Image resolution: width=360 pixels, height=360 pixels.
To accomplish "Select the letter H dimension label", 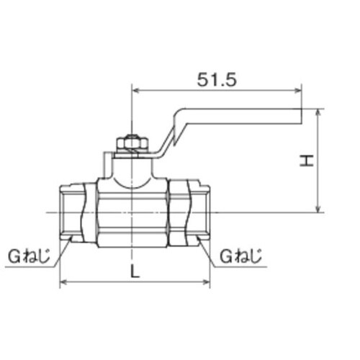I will tap(306, 162).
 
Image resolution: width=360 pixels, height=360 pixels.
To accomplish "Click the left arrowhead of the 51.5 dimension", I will tap(135, 91).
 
